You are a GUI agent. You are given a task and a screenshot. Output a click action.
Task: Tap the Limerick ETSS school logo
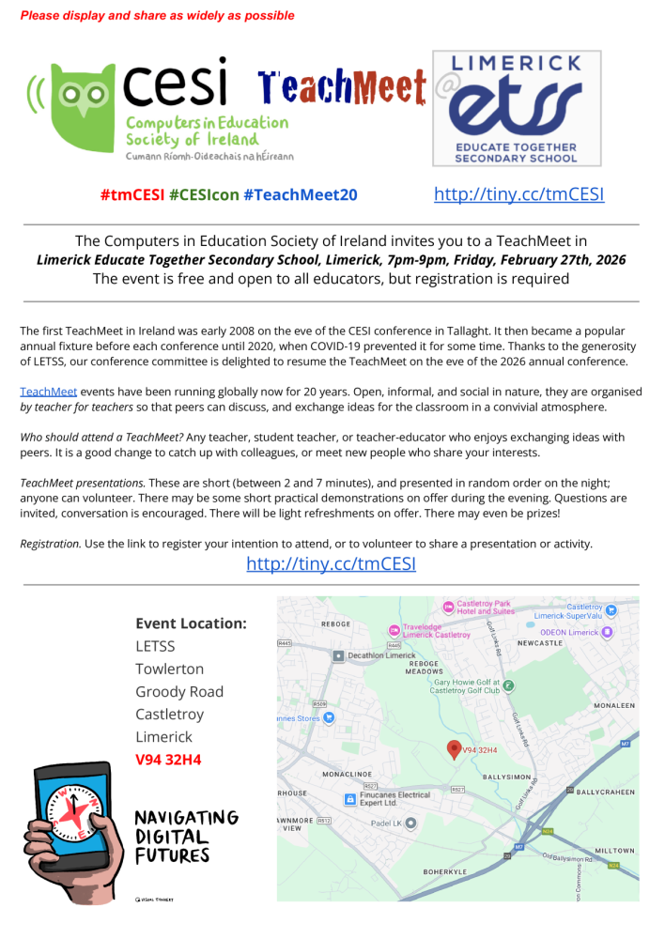click(x=516, y=109)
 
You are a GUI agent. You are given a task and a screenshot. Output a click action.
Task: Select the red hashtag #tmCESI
click(x=131, y=194)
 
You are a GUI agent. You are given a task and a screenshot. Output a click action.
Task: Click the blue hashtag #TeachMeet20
click(x=300, y=194)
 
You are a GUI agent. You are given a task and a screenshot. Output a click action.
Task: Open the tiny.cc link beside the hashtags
click(x=518, y=194)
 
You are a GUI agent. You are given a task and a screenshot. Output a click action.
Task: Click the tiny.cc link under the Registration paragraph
click(x=331, y=563)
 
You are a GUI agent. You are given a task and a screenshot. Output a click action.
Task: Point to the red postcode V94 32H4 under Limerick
click(x=168, y=759)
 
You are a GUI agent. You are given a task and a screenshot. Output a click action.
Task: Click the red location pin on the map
click(x=454, y=748)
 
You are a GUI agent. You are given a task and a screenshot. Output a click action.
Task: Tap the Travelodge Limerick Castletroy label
click(x=436, y=630)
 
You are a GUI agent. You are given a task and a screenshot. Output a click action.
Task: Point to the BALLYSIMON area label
click(x=508, y=777)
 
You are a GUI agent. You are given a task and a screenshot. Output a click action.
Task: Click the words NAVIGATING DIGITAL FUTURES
click(x=186, y=836)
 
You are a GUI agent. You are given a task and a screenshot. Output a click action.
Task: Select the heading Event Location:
click(x=191, y=623)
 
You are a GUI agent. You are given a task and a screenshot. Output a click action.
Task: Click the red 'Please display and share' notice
click(x=157, y=15)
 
